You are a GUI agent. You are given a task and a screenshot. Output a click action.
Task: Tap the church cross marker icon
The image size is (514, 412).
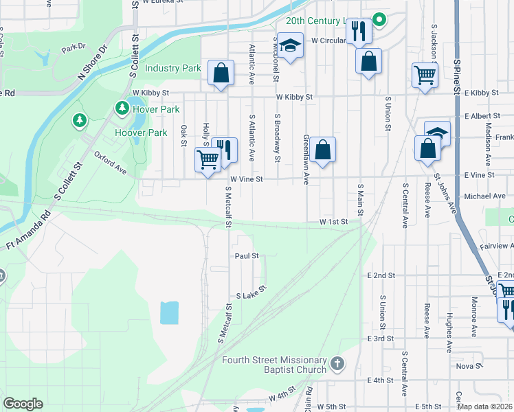(x=337, y=362)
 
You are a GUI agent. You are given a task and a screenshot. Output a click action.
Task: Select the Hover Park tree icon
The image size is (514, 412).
(x=122, y=107)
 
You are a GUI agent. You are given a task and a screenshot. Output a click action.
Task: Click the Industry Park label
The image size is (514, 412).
(x=173, y=68)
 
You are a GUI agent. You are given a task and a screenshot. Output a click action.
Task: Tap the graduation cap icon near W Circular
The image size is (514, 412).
(x=291, y=46)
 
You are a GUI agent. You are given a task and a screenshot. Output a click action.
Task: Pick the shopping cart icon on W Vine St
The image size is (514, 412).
(x=208, y=160)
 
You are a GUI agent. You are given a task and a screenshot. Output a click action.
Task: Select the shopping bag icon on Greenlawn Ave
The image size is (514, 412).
(x=322, y=150)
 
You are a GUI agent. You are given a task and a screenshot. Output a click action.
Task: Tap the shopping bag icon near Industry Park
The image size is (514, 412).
(x=221, y=72)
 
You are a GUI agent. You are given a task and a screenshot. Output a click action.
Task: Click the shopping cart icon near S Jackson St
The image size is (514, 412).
(x=425, y=75)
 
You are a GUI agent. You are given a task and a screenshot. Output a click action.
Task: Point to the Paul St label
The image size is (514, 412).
(x=246, y=255)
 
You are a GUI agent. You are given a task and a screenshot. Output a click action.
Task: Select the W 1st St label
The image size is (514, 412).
(x=333, y=222)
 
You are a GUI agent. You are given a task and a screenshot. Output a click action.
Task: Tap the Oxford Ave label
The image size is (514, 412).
(x=111, y=162)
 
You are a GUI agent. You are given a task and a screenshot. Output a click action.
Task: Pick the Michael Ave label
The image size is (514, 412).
(x=484, y=196)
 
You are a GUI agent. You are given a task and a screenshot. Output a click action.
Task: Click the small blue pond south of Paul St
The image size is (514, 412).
(x=170, y=312)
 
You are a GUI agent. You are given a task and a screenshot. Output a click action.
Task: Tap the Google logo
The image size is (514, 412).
(x=23, y=404)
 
